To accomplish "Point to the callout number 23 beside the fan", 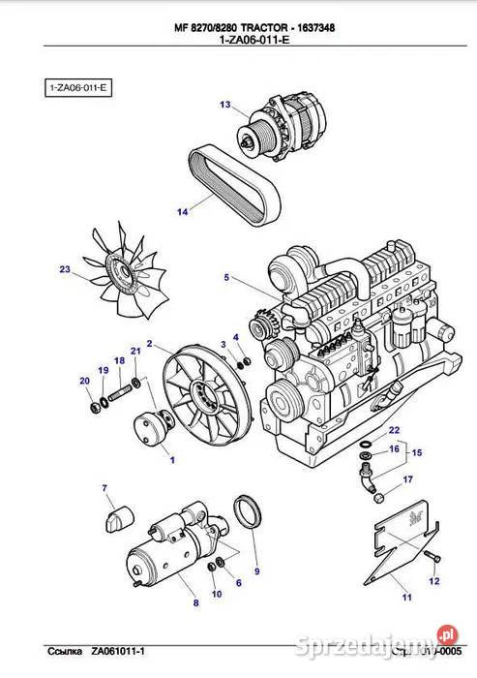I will (x=65, y=269).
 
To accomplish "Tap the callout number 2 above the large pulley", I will (x=149, y=343).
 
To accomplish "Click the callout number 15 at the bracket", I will (x=416, y=453).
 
